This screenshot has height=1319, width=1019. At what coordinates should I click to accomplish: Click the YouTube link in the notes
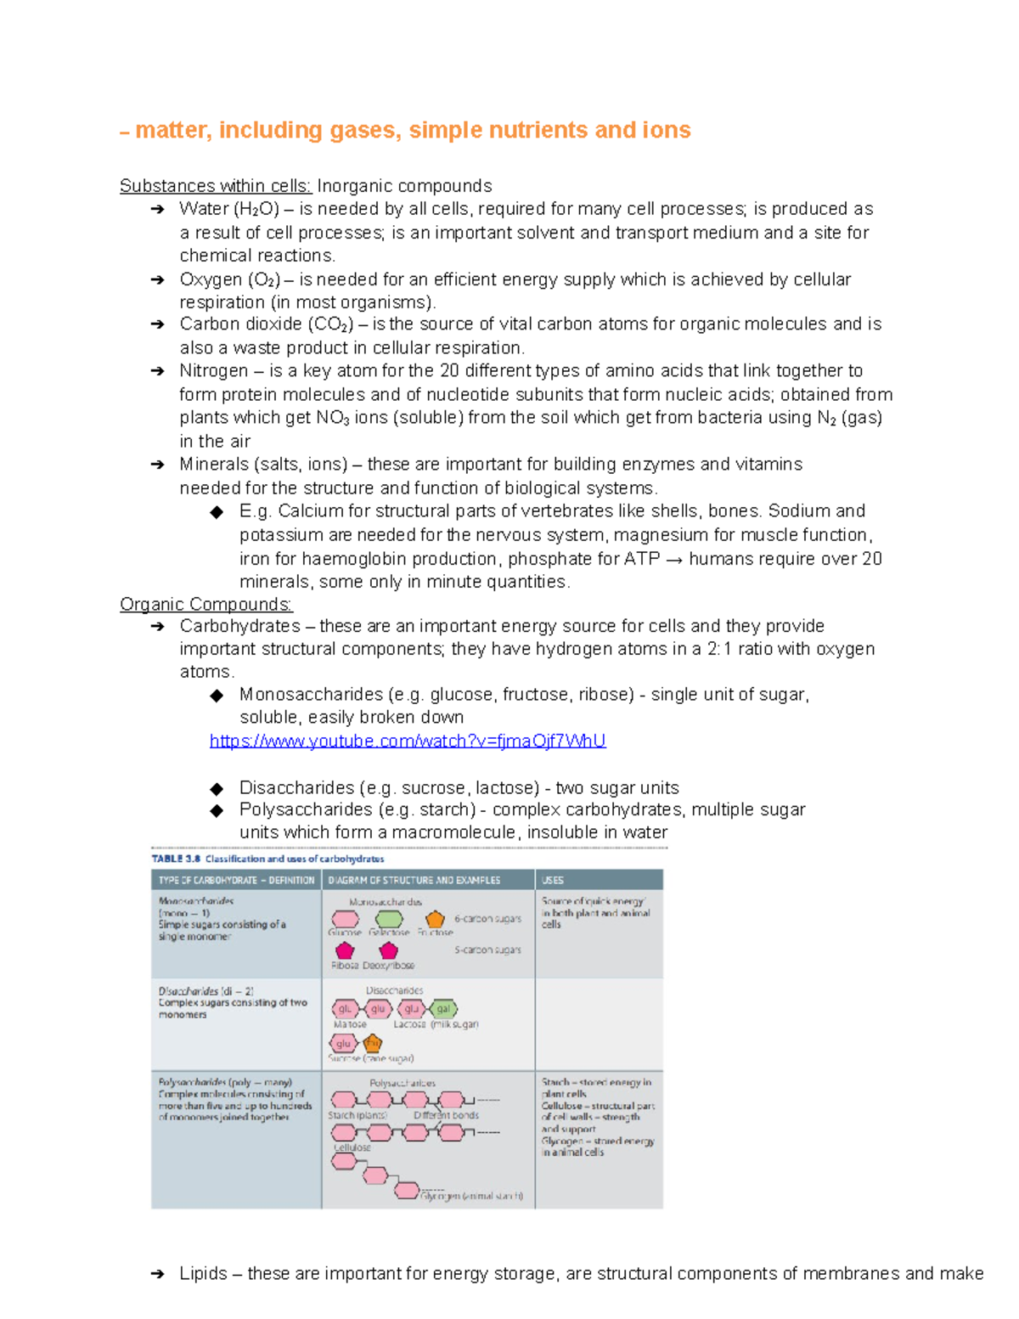(x=408, y=741)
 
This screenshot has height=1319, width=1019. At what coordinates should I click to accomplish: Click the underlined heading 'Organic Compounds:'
(x=205, y=604)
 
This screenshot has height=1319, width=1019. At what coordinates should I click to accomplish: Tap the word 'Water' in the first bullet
(x=204, y=209)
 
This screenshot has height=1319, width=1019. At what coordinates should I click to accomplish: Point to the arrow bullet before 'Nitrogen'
(x=157, y=371)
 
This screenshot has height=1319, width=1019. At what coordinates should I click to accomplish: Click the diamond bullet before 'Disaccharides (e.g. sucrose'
(x=217, y=788)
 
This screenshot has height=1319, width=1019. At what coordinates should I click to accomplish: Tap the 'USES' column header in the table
(x=553, y=880)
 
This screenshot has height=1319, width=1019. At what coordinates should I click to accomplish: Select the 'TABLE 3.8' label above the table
(x=177, y=859)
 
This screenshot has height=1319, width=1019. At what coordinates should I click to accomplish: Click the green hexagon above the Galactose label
(x=389, y=919)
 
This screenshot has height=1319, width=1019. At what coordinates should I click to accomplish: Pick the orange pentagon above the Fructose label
(x=435, y=919)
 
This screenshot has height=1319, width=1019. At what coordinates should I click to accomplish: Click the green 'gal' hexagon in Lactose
(x=443, y=1009)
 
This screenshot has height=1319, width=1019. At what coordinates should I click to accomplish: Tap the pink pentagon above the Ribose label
(x=345, y=950)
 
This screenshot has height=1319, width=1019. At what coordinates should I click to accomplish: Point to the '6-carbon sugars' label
(x=487, y=919)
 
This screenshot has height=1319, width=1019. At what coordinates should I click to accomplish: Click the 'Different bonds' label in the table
(x=446, y=1115)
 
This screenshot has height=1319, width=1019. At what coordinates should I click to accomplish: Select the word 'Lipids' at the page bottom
(x=203, y=1273)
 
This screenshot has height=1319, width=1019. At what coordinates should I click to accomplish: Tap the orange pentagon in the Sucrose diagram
(x=372, y=1043)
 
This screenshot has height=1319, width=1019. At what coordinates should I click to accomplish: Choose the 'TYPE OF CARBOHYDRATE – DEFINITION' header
(x=236, y=880)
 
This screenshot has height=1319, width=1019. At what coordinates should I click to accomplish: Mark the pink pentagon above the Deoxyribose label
(x=389, y=950)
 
